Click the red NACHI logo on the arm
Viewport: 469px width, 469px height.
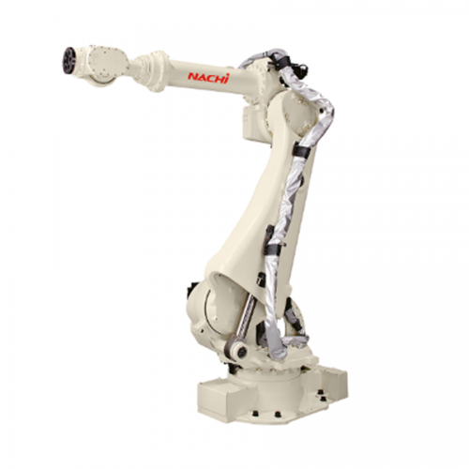(x=208, y=78)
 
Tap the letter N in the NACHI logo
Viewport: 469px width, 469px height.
(x=192, y=77)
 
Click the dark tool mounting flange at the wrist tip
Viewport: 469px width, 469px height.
(x=70, y=60)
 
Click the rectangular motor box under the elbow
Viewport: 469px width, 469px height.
(x=255, y=122)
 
